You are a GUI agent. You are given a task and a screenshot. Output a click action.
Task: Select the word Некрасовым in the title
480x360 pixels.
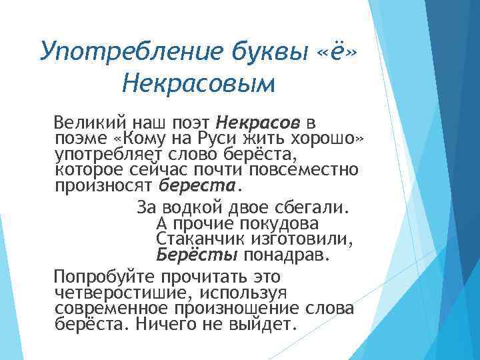199,83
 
